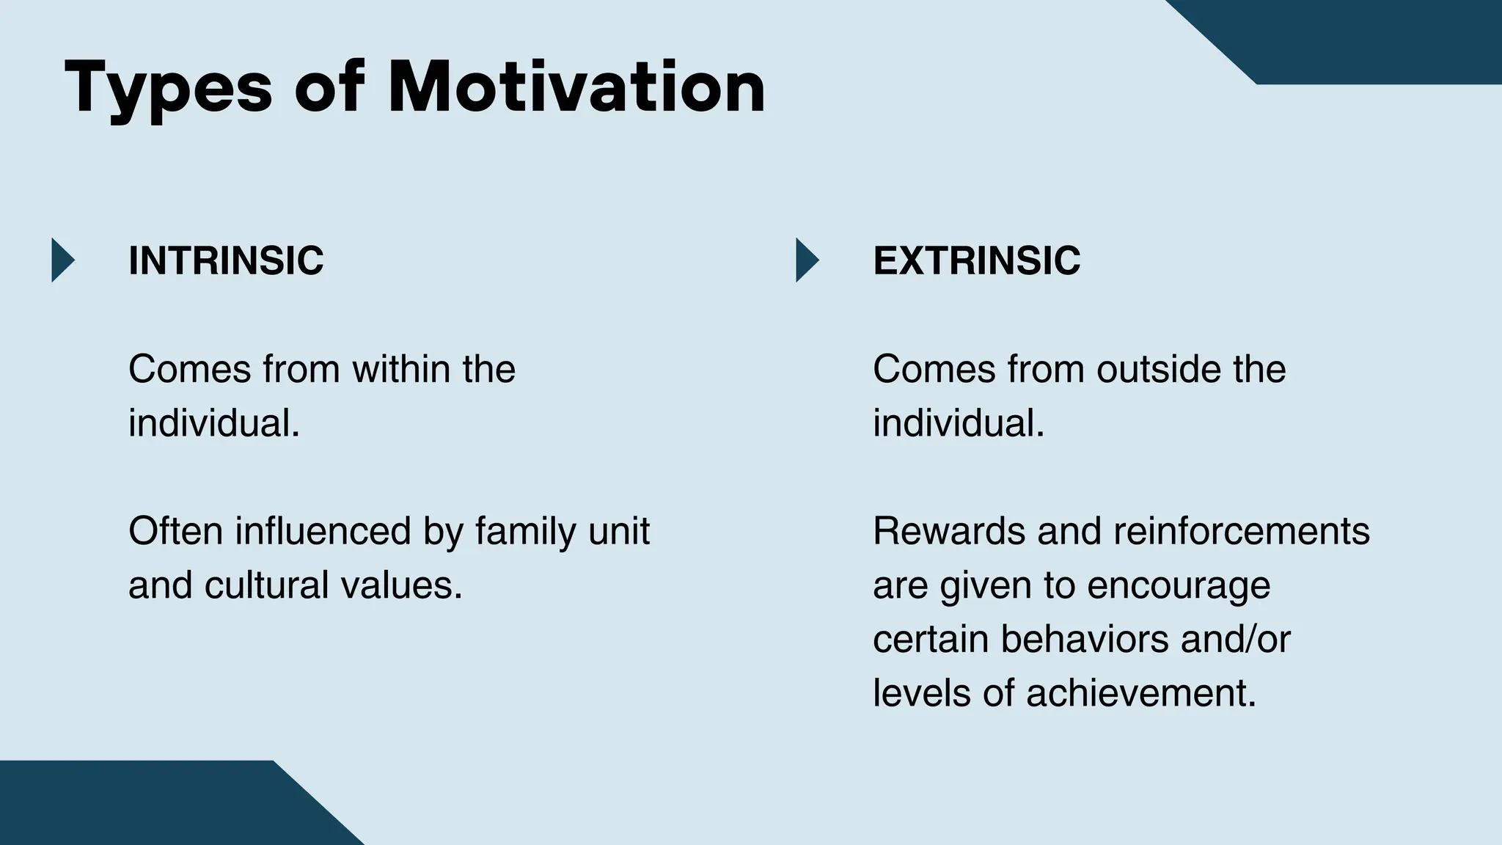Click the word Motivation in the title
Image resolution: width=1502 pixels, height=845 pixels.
576,88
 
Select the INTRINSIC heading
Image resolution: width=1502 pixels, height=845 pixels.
226,260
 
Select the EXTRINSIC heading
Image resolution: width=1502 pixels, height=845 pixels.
976,260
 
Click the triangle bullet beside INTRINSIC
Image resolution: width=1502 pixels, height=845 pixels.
62,260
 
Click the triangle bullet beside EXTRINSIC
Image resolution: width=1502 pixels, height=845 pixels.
806,260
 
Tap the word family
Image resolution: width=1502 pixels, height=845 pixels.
516,531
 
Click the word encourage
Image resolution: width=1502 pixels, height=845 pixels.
1179,585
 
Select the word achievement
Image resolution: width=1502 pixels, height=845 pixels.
1141,693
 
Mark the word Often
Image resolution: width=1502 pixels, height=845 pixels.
175,531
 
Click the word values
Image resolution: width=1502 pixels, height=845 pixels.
402,585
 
